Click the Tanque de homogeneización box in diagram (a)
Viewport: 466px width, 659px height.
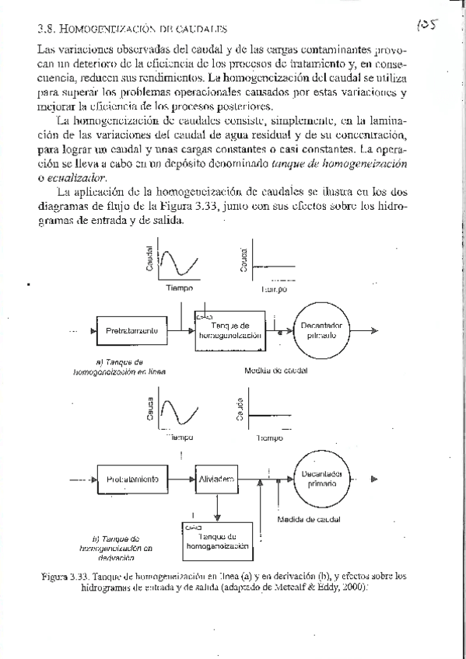coord(229,330)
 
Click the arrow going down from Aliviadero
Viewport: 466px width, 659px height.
coord(217,507)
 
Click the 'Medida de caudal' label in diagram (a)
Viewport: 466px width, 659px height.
coord(275,371)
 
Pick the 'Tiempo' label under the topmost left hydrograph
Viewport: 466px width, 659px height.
coord(180,288)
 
